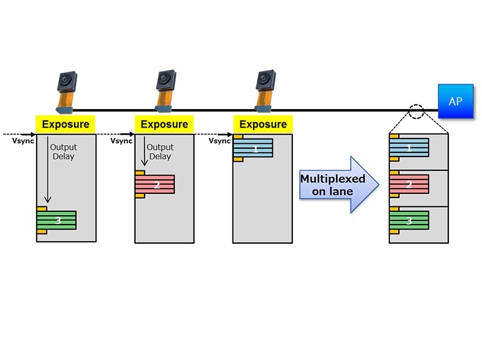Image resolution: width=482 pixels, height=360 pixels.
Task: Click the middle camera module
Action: click(x=164, y=92)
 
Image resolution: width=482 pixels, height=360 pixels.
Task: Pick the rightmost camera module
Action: click(x=263, y=92)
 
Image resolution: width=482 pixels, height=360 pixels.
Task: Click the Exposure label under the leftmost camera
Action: click(x=66, y=125)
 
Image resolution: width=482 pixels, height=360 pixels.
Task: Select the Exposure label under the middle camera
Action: click(x=164, y=125)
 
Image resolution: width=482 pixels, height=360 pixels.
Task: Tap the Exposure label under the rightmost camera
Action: click(x=263, y=125)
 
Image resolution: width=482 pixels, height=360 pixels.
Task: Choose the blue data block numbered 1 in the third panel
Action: click(x=255, y=148)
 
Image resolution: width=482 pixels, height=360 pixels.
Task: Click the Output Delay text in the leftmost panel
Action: click(x=63, y=151)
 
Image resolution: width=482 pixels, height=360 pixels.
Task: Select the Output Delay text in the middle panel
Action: click(x=160, y=151)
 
